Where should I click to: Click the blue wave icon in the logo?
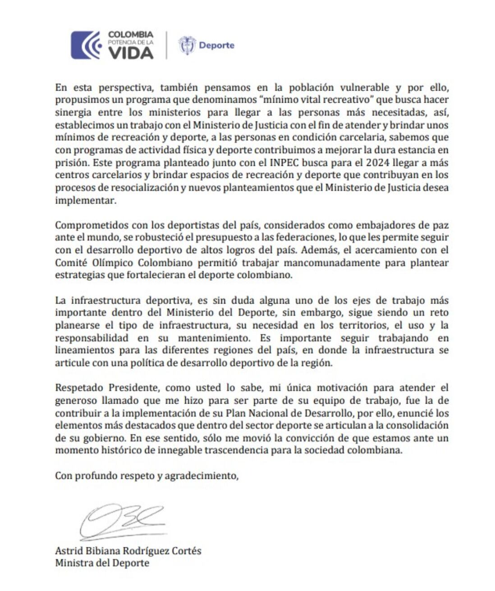(x=86, y=45)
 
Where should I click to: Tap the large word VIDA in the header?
(x=131, y=52)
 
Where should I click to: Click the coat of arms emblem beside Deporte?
(x=187, y=45)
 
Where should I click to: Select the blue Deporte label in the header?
(x=216, y=45)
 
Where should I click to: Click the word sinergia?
(x=73, y=112)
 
